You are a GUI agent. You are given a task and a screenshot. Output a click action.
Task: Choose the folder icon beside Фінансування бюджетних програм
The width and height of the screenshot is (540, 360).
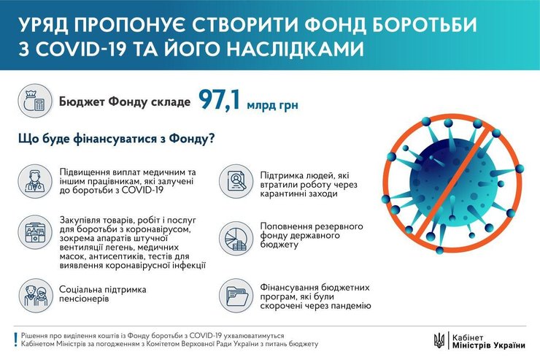(x=237, y=295)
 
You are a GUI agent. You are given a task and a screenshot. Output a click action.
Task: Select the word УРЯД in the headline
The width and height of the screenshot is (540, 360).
(x=43, y=24)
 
